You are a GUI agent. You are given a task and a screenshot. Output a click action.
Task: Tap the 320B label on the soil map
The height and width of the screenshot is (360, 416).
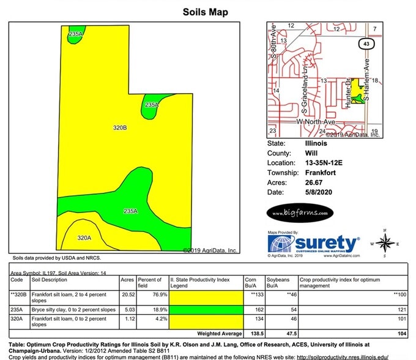pyautogui.click(x=120, y=128)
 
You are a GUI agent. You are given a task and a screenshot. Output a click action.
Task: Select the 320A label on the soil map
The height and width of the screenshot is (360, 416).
pyautogui.click(x=84, y=238)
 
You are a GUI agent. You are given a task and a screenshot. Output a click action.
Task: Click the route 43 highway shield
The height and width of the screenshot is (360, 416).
pyautogui.click(x=366, y=45)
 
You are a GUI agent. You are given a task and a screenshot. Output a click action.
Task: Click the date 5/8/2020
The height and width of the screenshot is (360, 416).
pyautogui.click(x=317, y=192)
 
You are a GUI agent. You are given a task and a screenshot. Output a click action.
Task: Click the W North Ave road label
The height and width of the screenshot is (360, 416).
pyautogui.click(x=318, y=122)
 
